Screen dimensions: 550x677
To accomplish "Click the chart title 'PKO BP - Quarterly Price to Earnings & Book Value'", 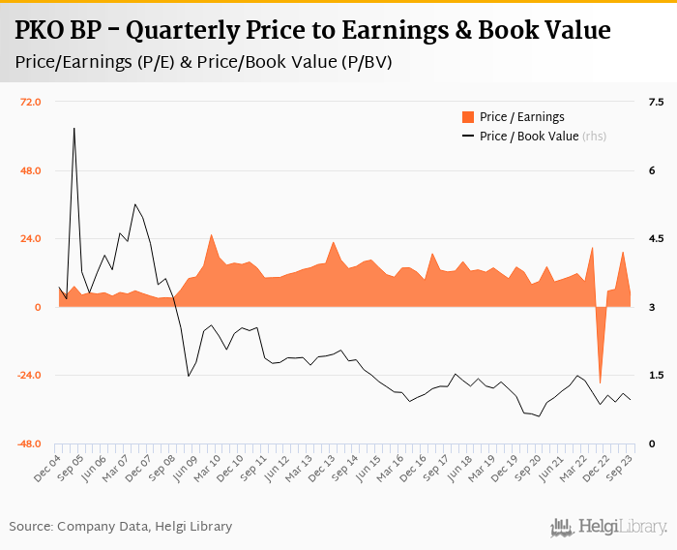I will pos(312,30).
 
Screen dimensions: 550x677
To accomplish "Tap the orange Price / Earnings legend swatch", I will pos(468,117).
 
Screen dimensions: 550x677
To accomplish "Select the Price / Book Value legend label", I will pos(529,137).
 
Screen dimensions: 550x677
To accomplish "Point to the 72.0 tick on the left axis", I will pos(31,102).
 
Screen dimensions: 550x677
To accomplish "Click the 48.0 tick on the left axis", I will pos(31,170).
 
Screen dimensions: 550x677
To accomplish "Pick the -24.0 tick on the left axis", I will pos(29,376).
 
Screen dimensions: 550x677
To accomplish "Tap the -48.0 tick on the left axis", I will pos(29,443).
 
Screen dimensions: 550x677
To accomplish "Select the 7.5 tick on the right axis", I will pos(656,102).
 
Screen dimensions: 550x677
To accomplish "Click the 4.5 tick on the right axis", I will pos(656,239).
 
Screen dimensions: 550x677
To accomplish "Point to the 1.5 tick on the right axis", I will pos(656,376).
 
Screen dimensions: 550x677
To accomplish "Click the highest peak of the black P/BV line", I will pos(74,128).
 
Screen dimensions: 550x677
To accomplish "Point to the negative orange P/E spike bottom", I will pos(600,382).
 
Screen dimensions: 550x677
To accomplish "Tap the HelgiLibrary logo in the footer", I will pos(609,527).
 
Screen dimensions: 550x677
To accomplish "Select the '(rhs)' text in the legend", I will pos(594,137).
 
